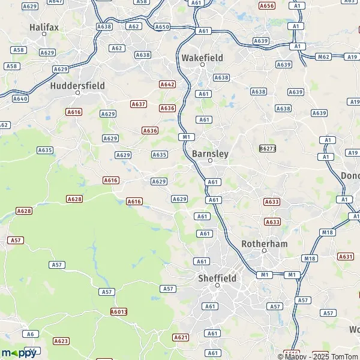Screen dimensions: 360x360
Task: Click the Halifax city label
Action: click(44, 28)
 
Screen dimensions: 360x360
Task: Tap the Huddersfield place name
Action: click(77, 86)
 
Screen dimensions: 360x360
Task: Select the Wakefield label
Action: click(202, 58)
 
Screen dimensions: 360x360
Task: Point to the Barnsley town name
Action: click(210, 154)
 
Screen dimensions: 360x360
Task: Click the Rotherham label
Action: click(264, 244)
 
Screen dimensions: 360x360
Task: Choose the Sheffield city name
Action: click(217, 278)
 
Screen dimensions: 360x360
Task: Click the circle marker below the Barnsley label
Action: click(210, 161)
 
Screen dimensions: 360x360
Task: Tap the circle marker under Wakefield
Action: click(202, 65)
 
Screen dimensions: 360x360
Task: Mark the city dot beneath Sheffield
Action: click(217, 286)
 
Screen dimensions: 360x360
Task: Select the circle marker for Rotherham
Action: click(264, 251)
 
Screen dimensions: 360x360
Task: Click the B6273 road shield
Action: click(268, 148)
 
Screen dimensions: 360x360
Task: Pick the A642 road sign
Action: click(167, 85)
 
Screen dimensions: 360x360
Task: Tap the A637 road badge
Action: click(139, 104)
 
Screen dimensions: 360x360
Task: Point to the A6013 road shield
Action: click(119, 311)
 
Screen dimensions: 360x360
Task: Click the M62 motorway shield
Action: click(323, 57)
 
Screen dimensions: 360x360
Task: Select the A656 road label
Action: click(267, 5)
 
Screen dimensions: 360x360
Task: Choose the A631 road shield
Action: click(346, 256)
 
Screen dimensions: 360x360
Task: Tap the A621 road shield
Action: click(181, 337)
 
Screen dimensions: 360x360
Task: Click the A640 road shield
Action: click(20, 98)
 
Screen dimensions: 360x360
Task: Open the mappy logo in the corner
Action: click(19, 353)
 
